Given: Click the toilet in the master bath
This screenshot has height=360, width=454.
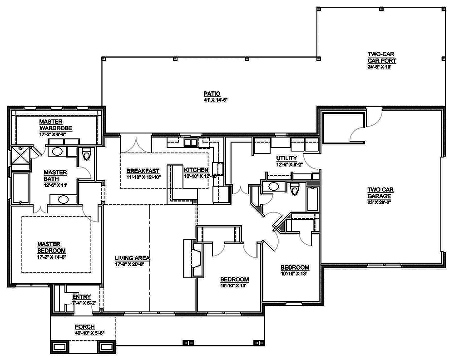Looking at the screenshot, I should pyautogui.click(x=86, y=156).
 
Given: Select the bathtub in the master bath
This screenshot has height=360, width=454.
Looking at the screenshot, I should pyautogui.click(x=20, y=187).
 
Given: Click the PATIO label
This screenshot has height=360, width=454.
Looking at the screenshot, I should pyautogui.click(x=209, y=94).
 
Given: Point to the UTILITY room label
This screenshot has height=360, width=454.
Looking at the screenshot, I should pyautogui.click(x=286, y=158).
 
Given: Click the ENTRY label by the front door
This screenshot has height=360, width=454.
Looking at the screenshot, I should pyautogui.click(x=82, y=297).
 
